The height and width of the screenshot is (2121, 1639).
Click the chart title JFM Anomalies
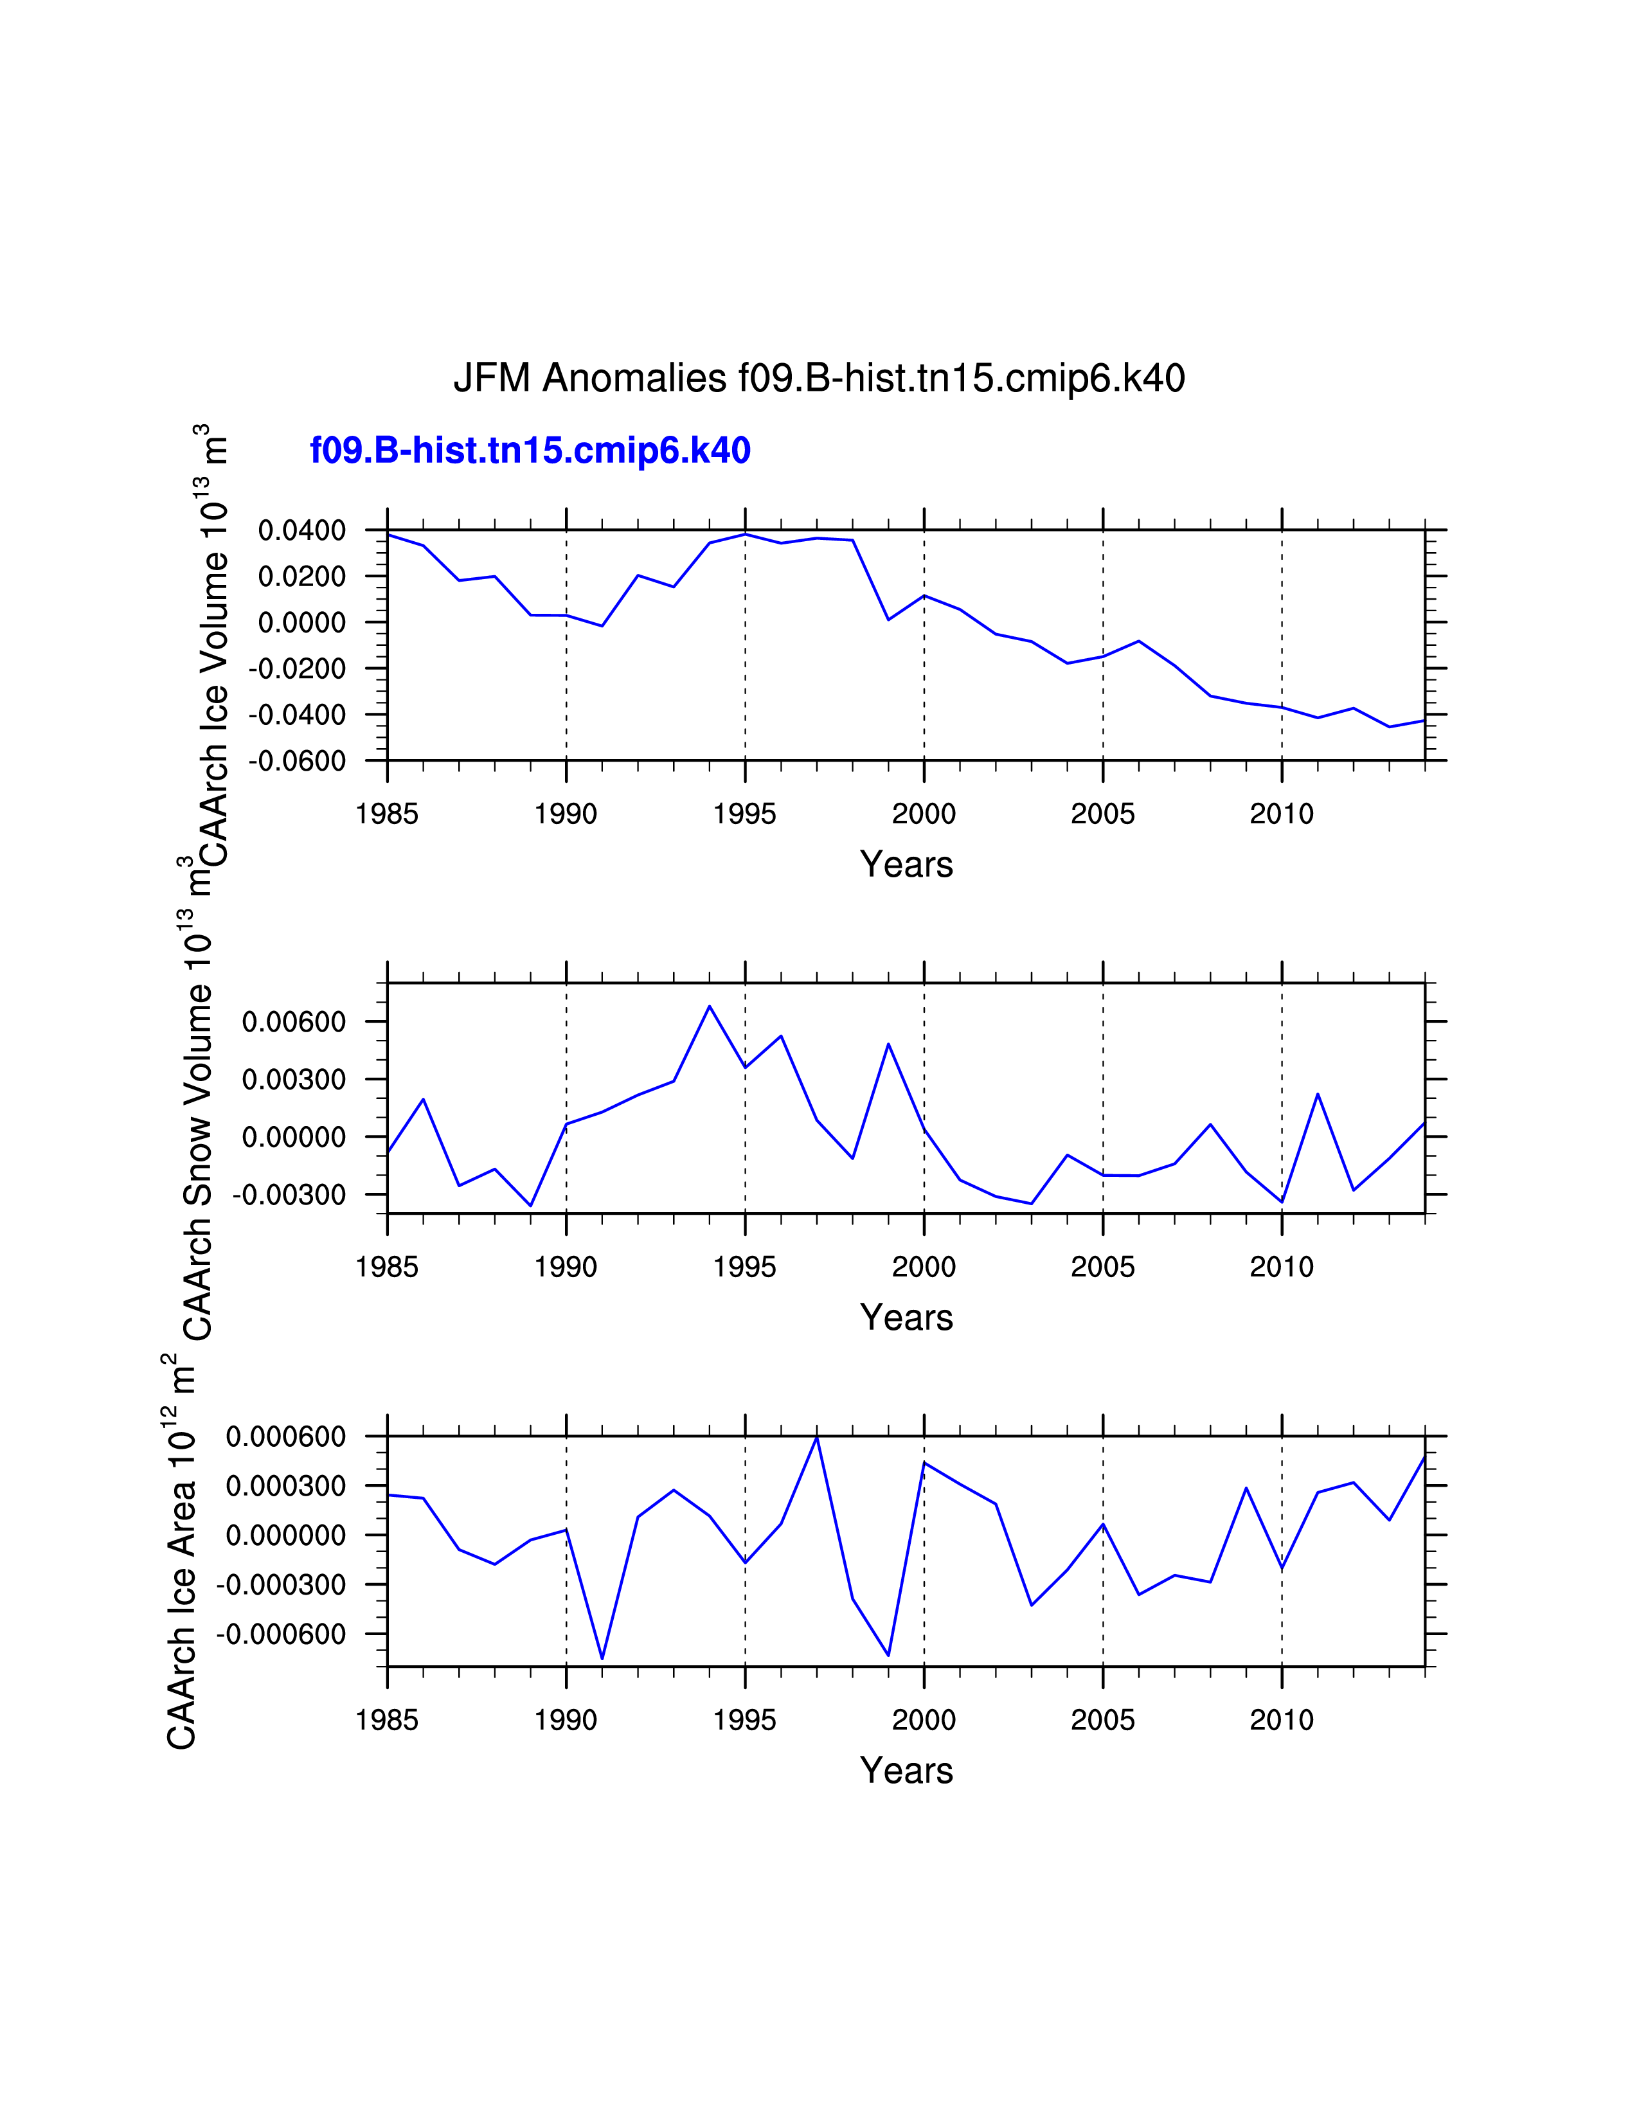point(818,378)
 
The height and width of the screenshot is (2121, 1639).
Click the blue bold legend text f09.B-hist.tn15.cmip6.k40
point(530,451)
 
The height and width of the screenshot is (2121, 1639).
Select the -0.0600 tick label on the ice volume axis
point(297,762)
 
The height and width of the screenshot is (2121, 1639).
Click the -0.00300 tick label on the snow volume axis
point(289,1195)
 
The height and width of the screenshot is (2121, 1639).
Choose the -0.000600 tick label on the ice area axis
point(281,1634)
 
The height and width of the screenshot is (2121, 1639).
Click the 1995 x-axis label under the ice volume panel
point(745,814)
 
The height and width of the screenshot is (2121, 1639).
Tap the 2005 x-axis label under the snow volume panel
point(1102,1267)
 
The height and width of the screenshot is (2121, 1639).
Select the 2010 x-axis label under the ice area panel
point(1281,1720)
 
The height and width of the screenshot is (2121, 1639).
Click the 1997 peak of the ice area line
point(816,1436)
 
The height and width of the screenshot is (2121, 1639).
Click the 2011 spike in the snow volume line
point(1318,1095)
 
